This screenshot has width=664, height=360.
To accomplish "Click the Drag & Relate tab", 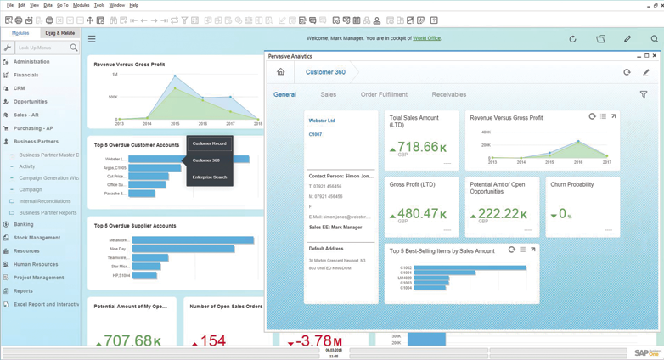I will (60, 33).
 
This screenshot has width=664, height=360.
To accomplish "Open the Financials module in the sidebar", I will (25, 75).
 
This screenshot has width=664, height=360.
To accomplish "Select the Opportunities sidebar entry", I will (31, 102).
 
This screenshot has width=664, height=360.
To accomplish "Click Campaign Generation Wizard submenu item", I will (48, 178).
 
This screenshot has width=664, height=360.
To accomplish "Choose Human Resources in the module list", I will (36, 264).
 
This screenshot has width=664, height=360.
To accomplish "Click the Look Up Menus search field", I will (41, 48).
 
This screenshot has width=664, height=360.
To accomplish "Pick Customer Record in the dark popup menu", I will (209, 143).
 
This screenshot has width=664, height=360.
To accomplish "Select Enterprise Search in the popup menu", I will (209, 177).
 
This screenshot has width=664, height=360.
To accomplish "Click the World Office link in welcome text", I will (426, 38).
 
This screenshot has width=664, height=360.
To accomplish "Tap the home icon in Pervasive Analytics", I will (280, 72).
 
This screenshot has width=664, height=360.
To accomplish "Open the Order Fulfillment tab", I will (384, 95).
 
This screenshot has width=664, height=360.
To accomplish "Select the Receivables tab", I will (448, 95).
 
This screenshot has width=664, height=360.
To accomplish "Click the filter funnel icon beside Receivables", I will (643, 95).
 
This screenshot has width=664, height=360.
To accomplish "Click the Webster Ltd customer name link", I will (322, 121).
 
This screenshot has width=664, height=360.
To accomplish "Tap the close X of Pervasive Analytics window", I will (655, 56).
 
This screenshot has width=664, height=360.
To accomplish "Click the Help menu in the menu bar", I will (134, 5).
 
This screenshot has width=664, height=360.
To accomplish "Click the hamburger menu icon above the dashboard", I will (92, 39).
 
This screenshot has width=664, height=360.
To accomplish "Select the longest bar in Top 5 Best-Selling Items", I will (470, 267).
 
